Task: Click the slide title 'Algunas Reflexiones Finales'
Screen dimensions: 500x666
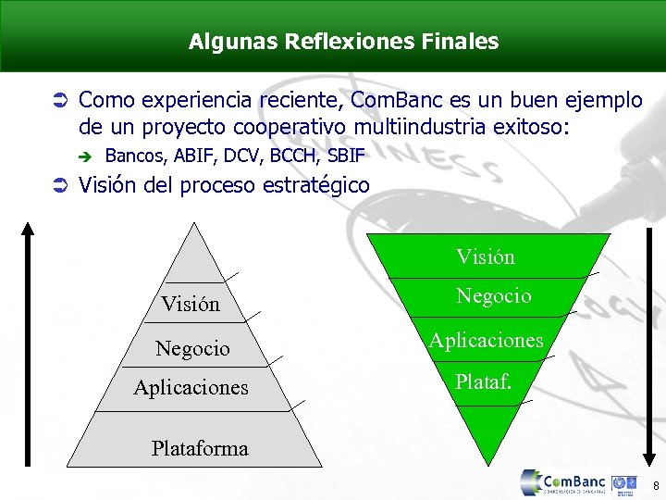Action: point(343,42)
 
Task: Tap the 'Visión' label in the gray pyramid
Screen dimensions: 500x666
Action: point(191,304)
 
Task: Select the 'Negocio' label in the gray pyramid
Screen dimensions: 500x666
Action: point(192,348)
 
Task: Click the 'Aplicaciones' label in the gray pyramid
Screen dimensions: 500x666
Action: point(191,387)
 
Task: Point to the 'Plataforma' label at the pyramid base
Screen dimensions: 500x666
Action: point(200,448)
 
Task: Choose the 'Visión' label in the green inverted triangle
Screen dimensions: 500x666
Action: point(486,256)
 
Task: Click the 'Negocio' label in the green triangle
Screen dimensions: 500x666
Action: point(494,295)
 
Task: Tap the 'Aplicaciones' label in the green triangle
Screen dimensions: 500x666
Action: point(486,340)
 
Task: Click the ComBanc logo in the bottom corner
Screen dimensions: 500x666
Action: point(564,483)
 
